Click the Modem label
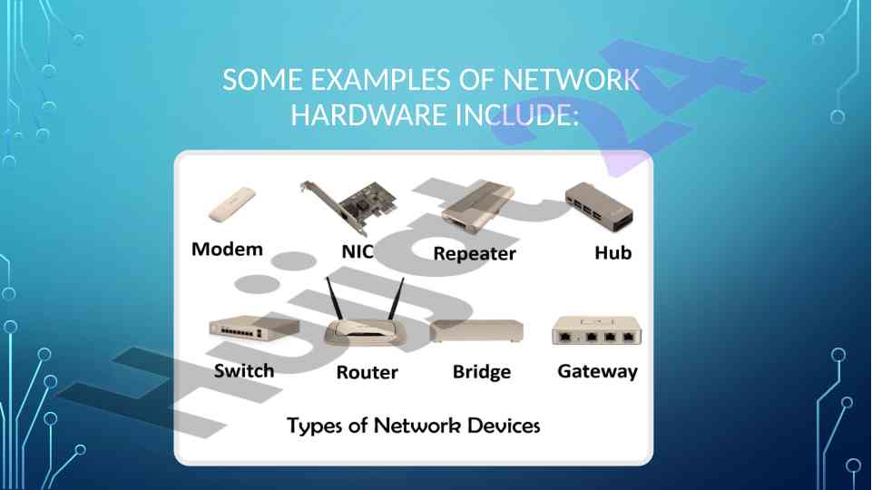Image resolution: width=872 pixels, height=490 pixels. pos(227,250)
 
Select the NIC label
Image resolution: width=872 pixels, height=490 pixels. pos(357,251)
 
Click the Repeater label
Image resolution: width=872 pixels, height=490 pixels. pos(475,253)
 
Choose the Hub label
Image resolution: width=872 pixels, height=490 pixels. pos(612,253)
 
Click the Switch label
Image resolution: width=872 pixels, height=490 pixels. pos(244,370)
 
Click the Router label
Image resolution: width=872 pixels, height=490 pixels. pos(367,372)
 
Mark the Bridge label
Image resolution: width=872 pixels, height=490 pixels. pos(482,372)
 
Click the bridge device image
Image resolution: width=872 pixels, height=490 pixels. pos(477,331)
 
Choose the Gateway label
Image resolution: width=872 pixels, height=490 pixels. pos(597,371)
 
